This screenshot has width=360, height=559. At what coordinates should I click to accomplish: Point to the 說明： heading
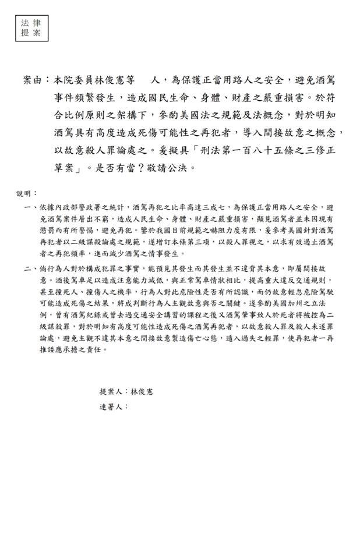[26, 193]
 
